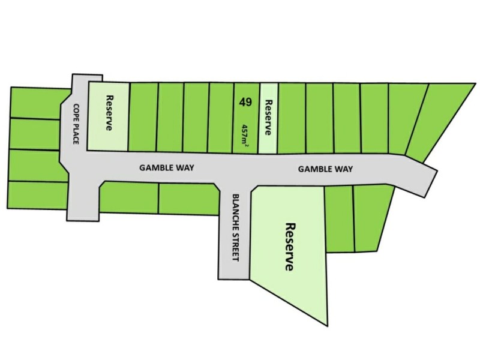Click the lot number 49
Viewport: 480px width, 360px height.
point(244,101)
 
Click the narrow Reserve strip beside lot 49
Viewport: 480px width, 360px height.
point(268,118)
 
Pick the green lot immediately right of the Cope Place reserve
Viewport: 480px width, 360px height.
point(143,118)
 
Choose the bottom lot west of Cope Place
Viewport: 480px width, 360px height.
point(37,195)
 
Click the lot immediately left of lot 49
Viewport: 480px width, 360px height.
point(221,118)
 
